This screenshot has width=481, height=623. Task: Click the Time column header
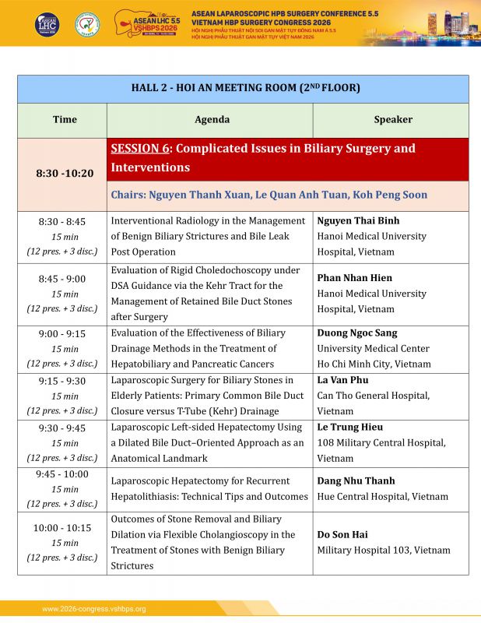[65, 120]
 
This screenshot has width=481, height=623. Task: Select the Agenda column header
[212, 120]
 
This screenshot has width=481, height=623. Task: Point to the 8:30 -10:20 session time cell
[65, 174]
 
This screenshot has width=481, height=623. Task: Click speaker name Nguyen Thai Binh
[358, 221]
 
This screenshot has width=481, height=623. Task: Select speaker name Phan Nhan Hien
[355, 278]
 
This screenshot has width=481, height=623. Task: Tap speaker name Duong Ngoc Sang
[357, 333]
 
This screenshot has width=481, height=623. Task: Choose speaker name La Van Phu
[343, 381]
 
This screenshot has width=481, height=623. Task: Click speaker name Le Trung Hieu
[350, 428]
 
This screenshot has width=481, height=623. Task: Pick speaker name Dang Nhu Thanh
[356, 481]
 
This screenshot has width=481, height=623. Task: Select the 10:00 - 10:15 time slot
[62, 528]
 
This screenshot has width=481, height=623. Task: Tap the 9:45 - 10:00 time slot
[62, 474]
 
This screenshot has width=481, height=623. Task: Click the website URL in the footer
[94, 609]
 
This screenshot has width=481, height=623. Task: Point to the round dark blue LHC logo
[47, 24]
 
